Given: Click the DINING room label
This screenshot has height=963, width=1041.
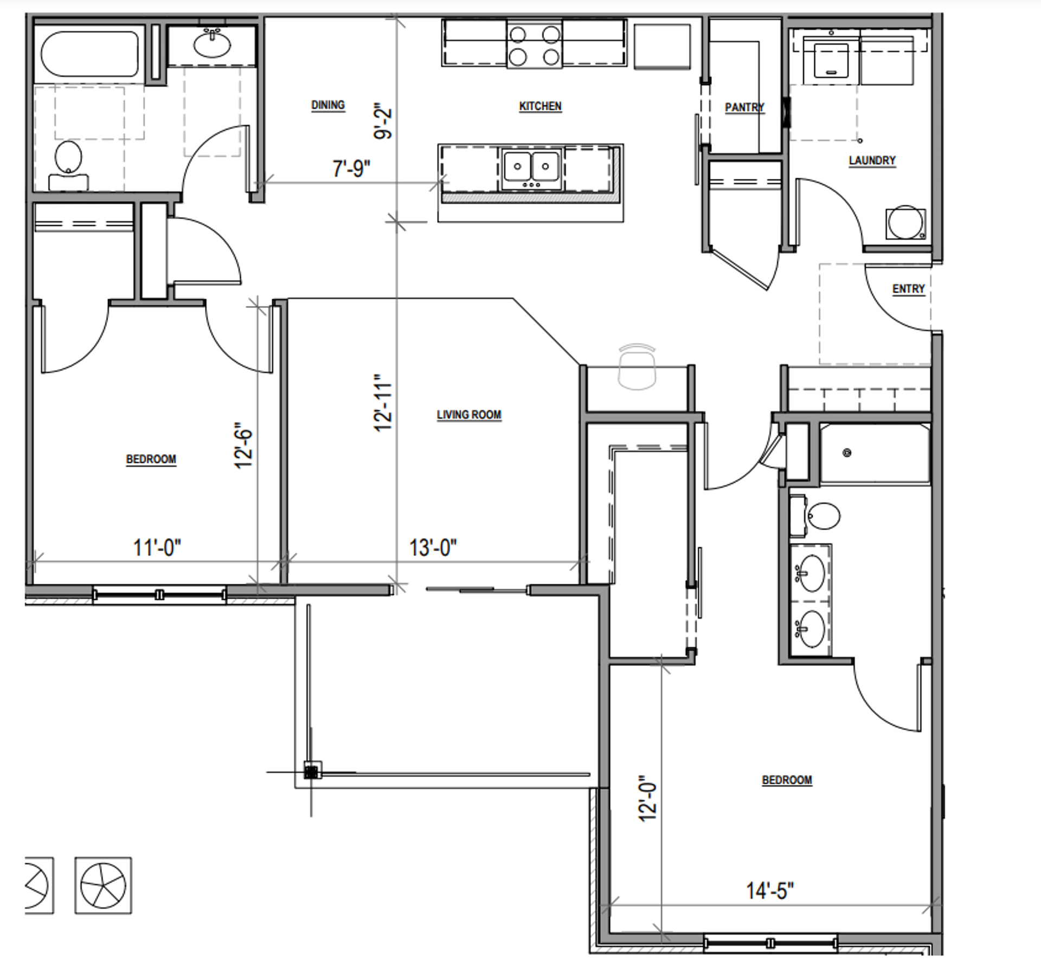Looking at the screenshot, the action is [328, 105].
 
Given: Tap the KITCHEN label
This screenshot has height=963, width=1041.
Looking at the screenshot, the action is [540, 106].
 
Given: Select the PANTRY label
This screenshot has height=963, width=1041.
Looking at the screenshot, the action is [744, 107].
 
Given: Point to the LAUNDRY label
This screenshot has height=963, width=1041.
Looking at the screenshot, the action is [872, 160].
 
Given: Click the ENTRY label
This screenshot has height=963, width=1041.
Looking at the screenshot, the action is [908, 289].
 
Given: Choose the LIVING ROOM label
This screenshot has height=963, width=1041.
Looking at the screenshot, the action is [469, 415].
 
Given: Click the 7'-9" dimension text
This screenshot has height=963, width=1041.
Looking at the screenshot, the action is [351, 169].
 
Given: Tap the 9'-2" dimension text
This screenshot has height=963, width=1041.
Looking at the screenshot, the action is [383, 121].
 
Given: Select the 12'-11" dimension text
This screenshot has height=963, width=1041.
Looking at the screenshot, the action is [383, 402].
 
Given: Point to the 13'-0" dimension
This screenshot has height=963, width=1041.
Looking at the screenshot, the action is [433, 547].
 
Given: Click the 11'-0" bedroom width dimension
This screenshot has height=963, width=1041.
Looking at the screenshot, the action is [157, 547].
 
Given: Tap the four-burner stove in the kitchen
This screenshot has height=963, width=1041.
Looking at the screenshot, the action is [535, 44].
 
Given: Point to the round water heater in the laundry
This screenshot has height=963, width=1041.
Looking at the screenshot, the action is [905, 222].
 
